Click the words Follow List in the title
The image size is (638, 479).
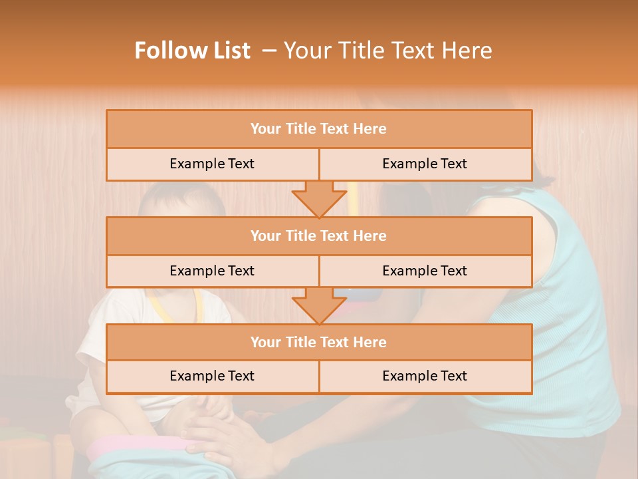coord(193,51)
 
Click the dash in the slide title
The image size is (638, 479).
coord(269,51)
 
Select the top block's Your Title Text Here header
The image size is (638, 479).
coord(318,129)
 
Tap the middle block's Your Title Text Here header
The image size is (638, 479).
coord(318,236)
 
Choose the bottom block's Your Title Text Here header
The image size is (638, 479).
coord(318,343)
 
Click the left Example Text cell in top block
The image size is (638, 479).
coord(212,164)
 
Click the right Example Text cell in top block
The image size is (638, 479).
coord(425,164)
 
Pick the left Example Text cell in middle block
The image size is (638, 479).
coord(212,271)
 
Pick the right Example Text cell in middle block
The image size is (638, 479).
coord(425,271)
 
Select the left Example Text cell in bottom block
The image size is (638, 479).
coord(212,377)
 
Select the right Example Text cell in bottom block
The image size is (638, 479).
coord(425,377)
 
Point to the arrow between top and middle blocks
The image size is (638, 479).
coord(319,198)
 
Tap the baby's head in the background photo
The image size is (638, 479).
coord(176,200)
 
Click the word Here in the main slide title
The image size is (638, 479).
coord(469,51)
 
